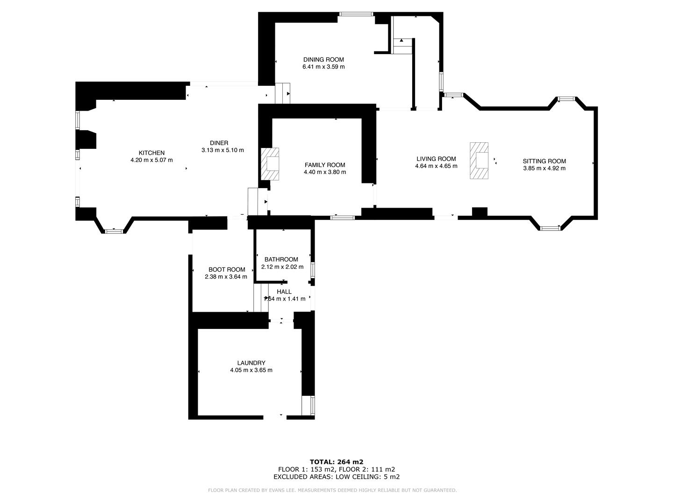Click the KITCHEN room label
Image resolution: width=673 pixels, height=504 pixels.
151,153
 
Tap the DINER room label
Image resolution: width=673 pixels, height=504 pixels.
219,143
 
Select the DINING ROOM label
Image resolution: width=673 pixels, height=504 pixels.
323,59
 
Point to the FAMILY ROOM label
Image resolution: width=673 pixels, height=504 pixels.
325,165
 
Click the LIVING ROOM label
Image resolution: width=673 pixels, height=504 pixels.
436,159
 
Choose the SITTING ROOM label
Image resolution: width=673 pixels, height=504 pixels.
544,161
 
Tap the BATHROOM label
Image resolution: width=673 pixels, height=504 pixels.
281,259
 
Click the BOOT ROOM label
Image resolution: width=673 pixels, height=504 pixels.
227,269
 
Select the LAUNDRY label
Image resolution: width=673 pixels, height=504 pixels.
251,363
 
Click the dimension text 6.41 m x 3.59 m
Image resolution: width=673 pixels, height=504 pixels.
323,67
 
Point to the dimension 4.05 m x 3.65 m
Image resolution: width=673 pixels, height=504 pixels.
251,370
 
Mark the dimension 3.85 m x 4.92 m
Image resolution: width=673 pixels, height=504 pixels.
544,168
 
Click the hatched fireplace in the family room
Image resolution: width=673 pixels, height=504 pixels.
270,164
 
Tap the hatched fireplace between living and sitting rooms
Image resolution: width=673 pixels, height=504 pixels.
479,161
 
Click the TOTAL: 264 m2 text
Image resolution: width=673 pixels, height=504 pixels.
336,462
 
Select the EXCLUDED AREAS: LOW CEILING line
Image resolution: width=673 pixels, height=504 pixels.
336,476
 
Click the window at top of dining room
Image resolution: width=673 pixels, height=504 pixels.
356,14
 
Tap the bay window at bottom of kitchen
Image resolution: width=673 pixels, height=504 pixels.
114,231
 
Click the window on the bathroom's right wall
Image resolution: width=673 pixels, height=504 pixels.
313,270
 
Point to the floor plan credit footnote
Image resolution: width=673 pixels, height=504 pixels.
332,490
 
